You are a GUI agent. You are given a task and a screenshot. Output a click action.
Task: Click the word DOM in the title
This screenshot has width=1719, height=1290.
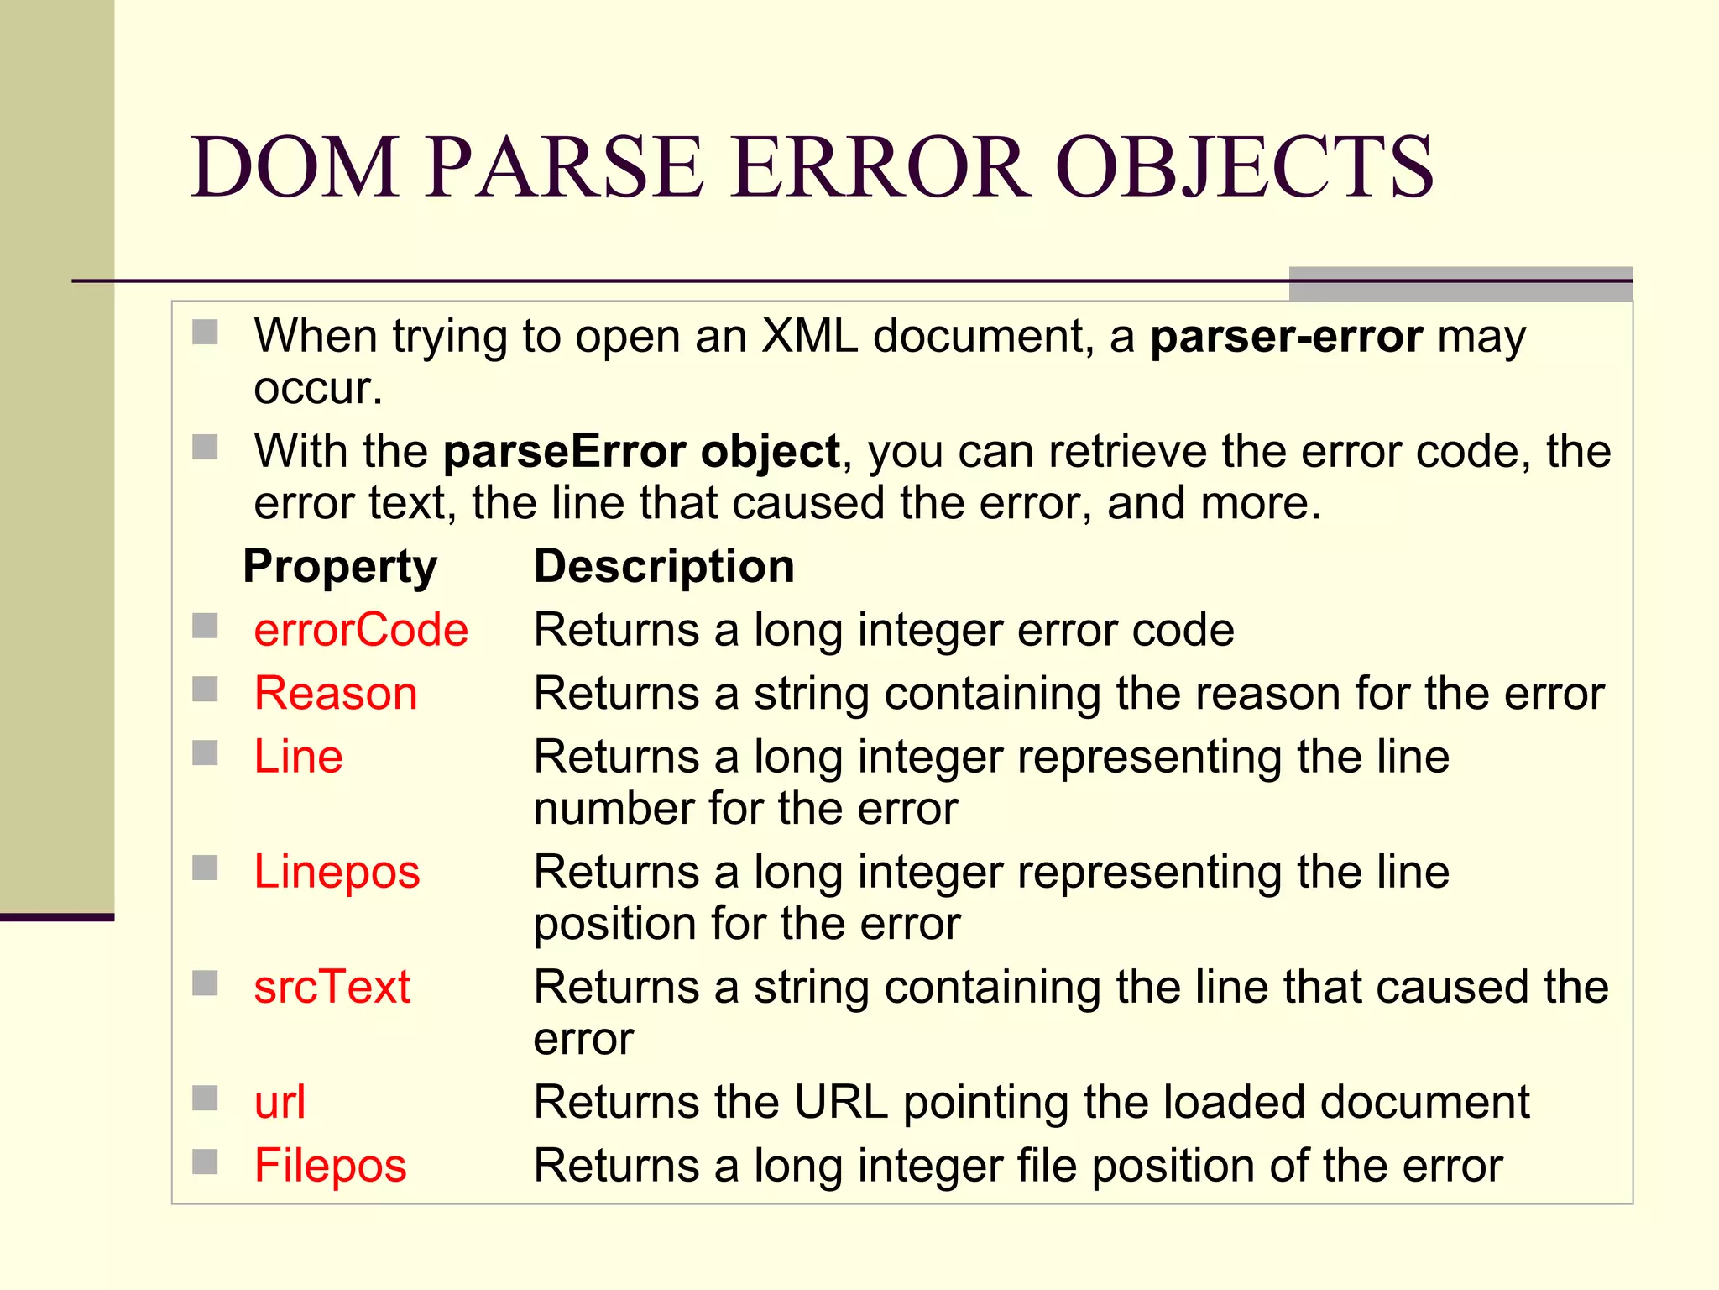[295, 167]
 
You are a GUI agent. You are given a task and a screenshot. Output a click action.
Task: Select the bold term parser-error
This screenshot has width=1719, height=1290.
[1286, 337]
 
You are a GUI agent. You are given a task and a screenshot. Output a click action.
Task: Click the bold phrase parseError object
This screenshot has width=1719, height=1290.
[641, 452]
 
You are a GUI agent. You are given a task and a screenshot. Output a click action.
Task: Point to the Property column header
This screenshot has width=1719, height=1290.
[340, 566]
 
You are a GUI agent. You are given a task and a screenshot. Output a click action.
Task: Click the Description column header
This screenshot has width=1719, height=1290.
[664, 566]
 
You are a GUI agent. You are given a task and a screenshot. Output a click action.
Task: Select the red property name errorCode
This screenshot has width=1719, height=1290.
[361, 630]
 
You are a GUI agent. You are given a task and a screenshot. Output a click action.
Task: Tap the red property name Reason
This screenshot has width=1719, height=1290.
[336, 694]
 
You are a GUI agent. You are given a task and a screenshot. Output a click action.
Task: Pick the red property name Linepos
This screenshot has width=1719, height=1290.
[337, 872]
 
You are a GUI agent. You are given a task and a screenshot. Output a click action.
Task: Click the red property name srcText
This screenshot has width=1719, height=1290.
[332, 987]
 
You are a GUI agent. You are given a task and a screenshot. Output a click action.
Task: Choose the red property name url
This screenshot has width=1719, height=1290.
[280, 1102]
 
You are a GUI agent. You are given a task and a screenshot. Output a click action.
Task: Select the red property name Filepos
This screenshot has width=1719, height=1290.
[330, 1166]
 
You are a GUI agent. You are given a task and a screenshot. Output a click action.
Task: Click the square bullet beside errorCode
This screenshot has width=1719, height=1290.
[205, 627]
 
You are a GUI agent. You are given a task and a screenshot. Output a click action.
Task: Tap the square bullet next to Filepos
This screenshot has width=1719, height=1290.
[205, 1162]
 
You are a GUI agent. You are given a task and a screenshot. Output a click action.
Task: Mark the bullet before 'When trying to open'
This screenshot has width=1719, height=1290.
[205, 333]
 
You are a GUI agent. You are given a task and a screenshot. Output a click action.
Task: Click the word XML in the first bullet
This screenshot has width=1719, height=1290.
[810, 337]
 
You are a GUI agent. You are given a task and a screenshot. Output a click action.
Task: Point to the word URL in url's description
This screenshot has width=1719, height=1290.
[841, 1102]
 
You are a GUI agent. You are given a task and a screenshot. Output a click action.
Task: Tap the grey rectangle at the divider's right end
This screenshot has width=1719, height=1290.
[1460, 284]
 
